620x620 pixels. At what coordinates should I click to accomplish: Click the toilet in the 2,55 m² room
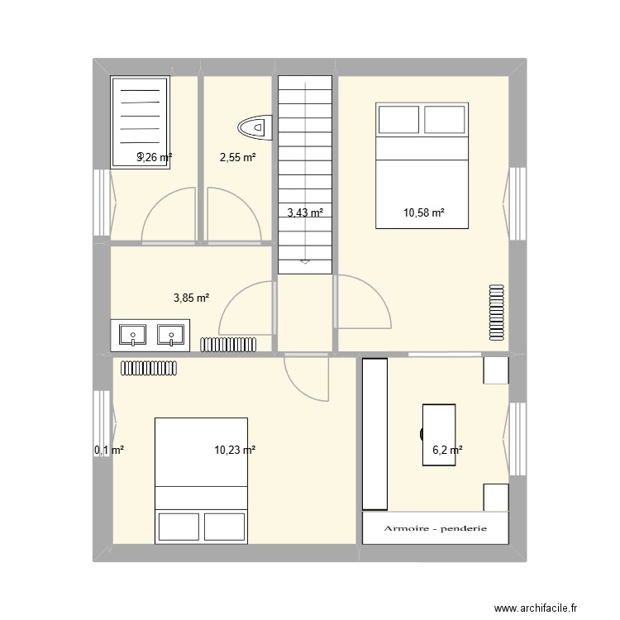tap(255, 127)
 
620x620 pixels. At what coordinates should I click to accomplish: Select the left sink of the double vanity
tap(132, 336)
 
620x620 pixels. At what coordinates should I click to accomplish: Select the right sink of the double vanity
tap(171, 336)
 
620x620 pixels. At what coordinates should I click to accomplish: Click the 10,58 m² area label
tap(423, 213)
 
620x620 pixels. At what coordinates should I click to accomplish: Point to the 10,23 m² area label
tap(234, 451)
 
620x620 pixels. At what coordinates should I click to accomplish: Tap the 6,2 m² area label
tap(447, 451)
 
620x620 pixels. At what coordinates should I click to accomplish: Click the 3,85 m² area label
tap(191, 298)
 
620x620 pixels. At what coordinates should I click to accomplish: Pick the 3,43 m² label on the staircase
tap(304, 213)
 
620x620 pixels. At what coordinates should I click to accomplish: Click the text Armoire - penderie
tap(435, 528)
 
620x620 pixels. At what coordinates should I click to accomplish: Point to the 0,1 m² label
tap(108, 451)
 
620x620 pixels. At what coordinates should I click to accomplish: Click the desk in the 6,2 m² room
tap(438, 434)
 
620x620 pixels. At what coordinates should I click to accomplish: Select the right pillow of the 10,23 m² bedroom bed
tap(225, 527)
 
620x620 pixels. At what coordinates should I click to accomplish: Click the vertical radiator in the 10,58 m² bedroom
tap(496, 312)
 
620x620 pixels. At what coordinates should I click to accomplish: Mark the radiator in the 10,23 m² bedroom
tap(149, 367)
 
